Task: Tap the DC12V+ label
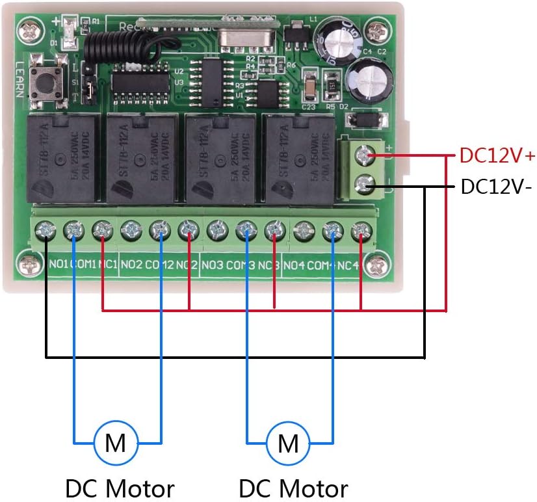(497, 156)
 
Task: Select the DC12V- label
(496, 187)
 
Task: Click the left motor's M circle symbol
(116, 443)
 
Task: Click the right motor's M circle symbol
(289, 443)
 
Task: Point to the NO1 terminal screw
(46, 229)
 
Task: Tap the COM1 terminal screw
(75, 229)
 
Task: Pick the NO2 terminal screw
(131, 229)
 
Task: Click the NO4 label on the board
(295, 265)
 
